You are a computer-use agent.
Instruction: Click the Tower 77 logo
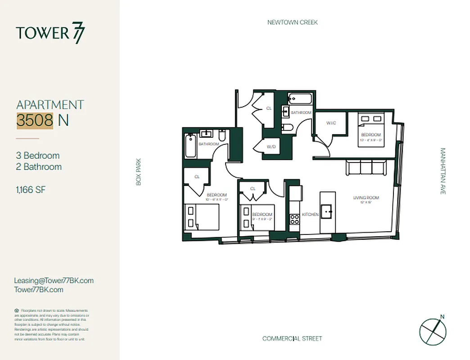click(x=50, y=33)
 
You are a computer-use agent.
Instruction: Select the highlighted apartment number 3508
click(x=35, y=121)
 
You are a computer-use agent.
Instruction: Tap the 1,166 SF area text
click(x=31, y=189)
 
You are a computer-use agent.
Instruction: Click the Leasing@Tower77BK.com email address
click(x=54, y=280)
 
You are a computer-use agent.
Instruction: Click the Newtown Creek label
click(x=292, y=22)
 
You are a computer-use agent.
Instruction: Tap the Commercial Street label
click(x=292, y=338)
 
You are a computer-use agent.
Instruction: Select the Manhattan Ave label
click(x=443, y=171)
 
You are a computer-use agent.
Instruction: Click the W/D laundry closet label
click(x=271, y=147)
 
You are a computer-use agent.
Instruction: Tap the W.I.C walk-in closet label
click(x=331, y=123)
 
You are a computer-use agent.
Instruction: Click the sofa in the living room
click(x=366, y=168)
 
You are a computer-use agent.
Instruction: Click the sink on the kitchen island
click(x=327, y=210)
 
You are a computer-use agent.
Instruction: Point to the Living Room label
click(x=366, y=198)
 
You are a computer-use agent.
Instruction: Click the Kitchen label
click(x=310, y=215)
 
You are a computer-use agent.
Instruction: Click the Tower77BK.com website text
click(x=39, y=290)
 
